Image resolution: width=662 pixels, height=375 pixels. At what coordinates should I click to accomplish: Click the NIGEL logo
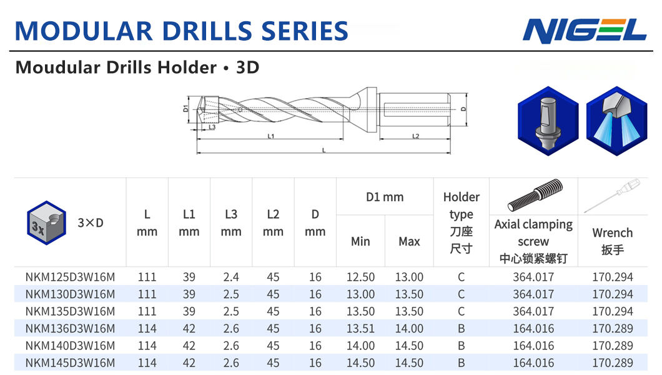[585, 31]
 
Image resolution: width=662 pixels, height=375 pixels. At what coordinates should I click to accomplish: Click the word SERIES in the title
[304, 31]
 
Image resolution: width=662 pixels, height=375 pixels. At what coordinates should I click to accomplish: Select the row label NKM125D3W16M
[70, 277]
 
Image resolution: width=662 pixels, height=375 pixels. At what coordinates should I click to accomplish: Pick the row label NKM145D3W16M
[70, 362]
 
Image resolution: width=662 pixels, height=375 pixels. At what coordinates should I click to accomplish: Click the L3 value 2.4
[231, 277]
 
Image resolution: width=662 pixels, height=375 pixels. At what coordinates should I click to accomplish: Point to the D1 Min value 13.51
[360, 329]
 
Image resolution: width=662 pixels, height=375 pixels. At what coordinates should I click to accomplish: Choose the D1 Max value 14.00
[409, 329]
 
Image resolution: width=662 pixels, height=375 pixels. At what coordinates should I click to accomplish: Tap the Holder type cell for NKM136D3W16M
[461, 329]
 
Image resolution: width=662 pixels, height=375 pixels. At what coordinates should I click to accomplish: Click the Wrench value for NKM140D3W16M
[613, 346]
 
